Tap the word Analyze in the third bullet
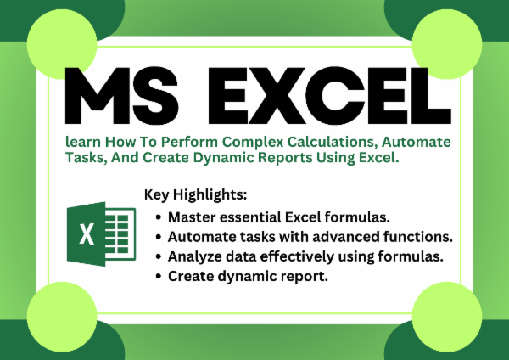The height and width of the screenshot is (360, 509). pos(194,256)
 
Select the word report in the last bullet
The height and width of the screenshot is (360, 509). pos(304,276)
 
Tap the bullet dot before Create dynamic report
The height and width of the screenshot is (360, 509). pos(160,277)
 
